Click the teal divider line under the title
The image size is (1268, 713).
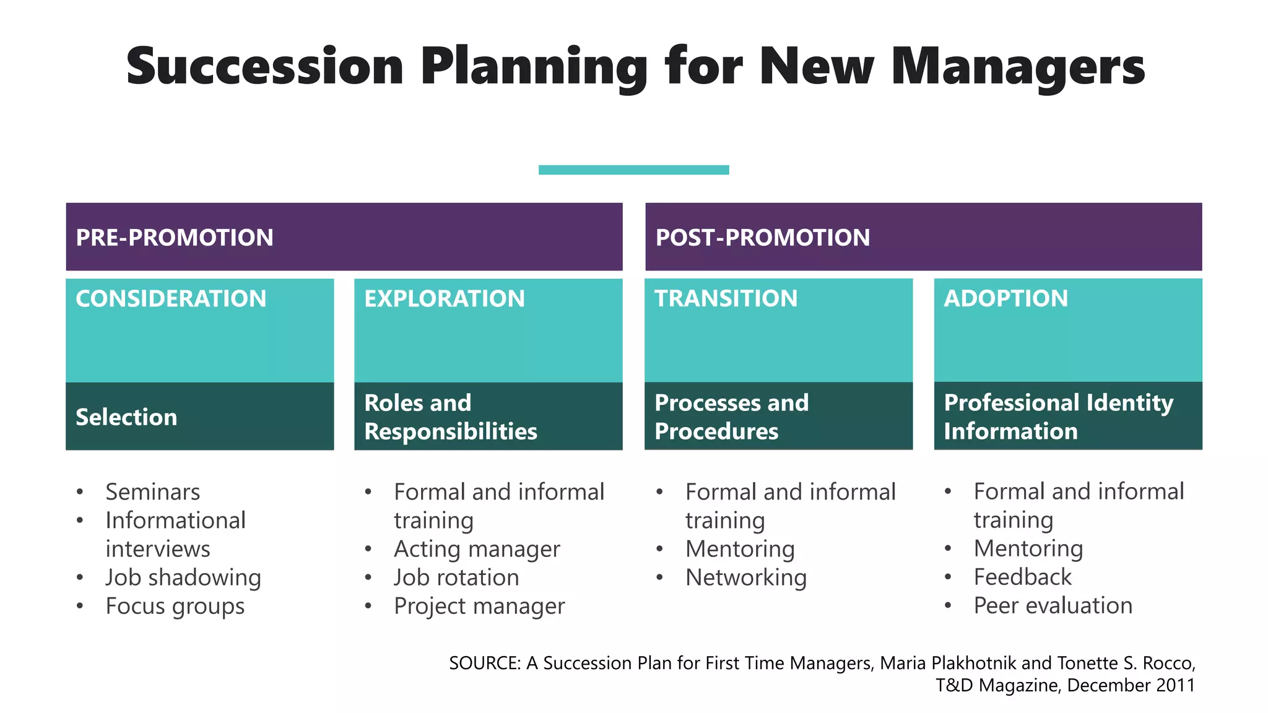coord(633,170)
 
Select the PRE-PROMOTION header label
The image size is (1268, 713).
coord(174,238)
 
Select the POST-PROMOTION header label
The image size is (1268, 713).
coord(762,238)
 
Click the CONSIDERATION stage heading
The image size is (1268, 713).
coord(171,299)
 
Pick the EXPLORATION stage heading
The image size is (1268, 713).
coord(444,299)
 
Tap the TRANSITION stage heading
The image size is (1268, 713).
coord(726,298)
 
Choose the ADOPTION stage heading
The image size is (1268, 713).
coord(1005,298)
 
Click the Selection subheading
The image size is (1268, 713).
coord(126,417)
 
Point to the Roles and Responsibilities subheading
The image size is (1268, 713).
coord(450,417)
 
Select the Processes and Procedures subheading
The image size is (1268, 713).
coord(731,417)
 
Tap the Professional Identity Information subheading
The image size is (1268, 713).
coord(1058,417)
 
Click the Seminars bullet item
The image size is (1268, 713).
coord(152,492)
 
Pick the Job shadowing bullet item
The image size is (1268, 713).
coord(183,577)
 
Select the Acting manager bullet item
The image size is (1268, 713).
coord(477,549)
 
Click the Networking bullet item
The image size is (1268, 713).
coord(745,577)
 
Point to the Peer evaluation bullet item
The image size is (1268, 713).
coord(1053,605)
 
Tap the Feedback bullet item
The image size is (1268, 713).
coord(1022,577)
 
